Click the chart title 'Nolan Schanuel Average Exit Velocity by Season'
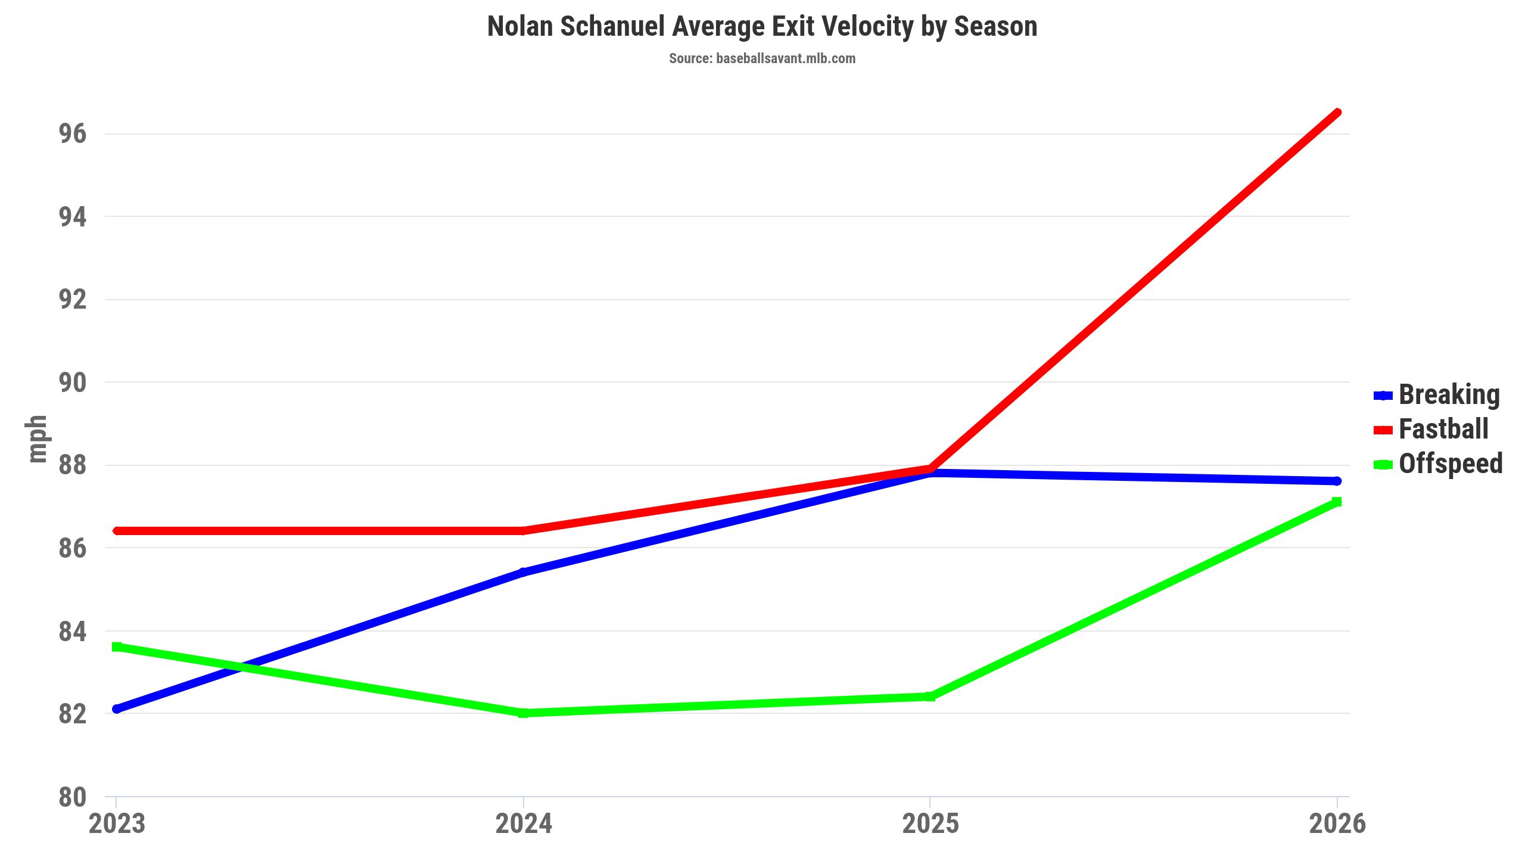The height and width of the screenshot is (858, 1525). (762, 27)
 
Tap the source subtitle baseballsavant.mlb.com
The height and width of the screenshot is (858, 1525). (762, 58)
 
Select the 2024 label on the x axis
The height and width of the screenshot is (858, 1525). (524, 824)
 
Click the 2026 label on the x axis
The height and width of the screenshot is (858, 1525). (1337, 824)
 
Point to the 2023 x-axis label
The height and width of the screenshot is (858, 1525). (117, 824)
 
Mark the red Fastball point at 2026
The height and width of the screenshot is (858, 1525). (1337, 113)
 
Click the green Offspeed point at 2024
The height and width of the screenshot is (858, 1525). (524, 713)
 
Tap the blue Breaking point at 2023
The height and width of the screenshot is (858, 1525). (117, 709)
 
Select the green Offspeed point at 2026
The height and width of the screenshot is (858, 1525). (1337, 502)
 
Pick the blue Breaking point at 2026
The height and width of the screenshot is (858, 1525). (1337, 481)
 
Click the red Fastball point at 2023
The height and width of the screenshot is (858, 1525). (117, 531)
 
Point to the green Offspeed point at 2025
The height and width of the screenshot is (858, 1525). (930, 697)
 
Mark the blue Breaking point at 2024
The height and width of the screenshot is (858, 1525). (524, 573)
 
